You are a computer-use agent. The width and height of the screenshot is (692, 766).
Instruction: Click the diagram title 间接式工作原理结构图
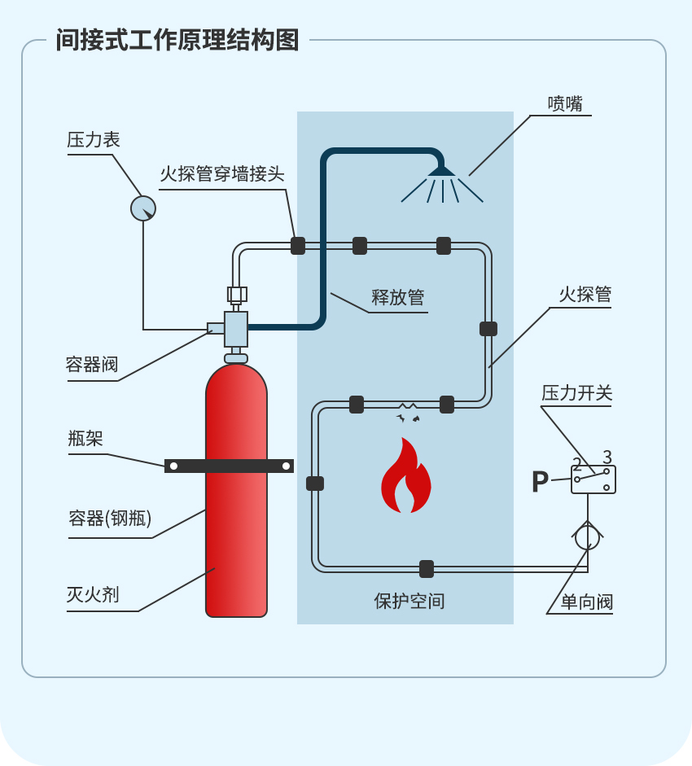[x=177, y=40]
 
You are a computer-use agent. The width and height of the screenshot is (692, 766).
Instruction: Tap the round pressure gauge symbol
[x=143, y=208]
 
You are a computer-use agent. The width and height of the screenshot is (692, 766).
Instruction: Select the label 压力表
[x=94, y=140]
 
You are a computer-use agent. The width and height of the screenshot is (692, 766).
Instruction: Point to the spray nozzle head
[x=442, y=171]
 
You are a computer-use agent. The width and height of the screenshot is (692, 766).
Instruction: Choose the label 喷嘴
[x=565, y=103]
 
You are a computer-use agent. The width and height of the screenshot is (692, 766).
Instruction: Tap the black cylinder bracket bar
[x=229, y=466]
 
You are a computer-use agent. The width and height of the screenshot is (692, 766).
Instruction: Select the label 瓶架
[x=85, y=440]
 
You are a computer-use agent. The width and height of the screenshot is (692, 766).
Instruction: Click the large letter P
[x=540, y=482]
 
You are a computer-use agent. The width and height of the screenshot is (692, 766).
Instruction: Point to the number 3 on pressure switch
[x=607, y=457]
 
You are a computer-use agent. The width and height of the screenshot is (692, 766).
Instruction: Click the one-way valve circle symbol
[x=587, y=536]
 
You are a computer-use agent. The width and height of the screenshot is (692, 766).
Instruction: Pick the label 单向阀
[x=586, y=602]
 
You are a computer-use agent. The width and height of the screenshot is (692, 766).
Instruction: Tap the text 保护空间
[x=410, y=602]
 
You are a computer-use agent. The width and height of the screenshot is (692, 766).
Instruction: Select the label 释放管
[x=398, y=298]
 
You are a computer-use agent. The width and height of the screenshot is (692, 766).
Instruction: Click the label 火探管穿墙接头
[x=221, y=173]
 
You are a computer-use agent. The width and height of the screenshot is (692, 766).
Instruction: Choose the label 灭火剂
[x=93, y=595]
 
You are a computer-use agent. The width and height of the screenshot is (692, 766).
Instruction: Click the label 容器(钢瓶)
[x=110, y=519]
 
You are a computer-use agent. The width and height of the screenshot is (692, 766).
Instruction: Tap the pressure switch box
[x=593, y=479]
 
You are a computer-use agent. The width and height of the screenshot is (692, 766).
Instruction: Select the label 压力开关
[x=577, y=393]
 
